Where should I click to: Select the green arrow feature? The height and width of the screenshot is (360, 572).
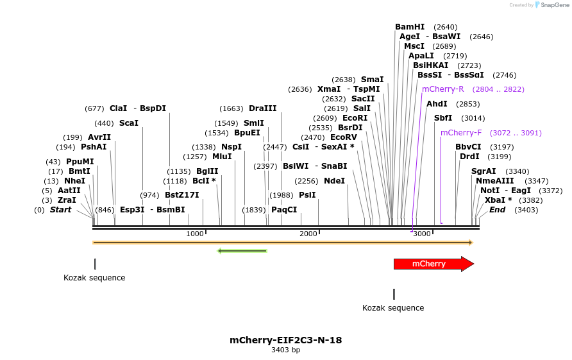coord(242,250)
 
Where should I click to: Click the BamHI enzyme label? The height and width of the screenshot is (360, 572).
coord(410,27)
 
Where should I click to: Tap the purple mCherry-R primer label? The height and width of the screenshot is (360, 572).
coord(442,89)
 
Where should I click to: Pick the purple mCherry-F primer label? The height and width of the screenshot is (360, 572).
coord(461,133)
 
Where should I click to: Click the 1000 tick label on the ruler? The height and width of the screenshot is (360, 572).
coord(195,234)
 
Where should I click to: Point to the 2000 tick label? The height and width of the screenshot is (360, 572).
coord(308,234)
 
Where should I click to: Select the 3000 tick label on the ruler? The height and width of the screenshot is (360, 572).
coord(422,234)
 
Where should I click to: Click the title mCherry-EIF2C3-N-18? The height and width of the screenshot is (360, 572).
coord(285,339)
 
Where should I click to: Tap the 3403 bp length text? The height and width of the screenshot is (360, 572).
coord(285,350)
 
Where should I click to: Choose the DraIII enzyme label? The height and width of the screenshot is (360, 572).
coord(262,108)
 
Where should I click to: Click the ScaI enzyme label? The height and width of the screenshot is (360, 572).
coord(128,123)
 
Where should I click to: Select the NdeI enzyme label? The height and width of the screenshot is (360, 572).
coord(334,181)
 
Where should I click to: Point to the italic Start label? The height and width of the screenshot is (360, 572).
coord(60,210)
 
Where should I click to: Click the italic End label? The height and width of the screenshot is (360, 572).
coord(498,210)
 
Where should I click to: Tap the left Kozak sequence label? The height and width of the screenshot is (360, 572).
coord(94,278)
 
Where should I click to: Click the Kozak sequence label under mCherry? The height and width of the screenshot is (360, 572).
coord(393,308)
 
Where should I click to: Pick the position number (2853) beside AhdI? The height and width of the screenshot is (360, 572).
coord(467,104)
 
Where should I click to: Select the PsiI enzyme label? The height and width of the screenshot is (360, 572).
coord(307,195)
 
